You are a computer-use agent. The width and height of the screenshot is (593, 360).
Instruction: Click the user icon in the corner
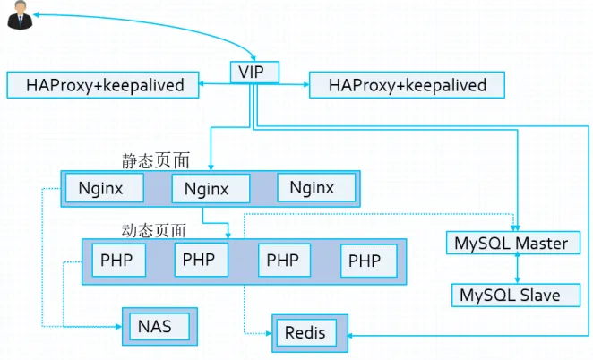pos(20,14)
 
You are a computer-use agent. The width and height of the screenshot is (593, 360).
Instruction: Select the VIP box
pos(254,72)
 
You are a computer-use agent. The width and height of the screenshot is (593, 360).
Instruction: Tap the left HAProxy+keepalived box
pos(103,85)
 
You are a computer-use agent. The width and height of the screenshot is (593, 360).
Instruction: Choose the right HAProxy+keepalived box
pos(407,85)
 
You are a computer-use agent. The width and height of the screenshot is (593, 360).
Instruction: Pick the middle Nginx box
pos(211,188)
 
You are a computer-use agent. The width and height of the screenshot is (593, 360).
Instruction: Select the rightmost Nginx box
pos(316,187)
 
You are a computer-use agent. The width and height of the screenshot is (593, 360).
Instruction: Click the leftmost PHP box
pos(119,261)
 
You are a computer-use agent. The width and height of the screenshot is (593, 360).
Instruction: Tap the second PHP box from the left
pos(202,260)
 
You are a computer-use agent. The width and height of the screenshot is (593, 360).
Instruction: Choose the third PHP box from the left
pos(284,261)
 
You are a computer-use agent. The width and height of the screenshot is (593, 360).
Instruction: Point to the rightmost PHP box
pos(369,261)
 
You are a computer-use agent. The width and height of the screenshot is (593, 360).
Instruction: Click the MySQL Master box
pos(512,243)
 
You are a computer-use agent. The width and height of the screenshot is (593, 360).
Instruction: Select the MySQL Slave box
pos(516,295)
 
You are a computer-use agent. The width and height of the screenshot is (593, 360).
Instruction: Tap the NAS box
pos(159,326)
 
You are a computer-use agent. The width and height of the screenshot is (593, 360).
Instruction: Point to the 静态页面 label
pos(156,160)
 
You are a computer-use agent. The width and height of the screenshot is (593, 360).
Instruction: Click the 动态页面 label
pos(154,230)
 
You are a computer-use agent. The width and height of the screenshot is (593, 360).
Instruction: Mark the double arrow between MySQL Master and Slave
pos(518,269)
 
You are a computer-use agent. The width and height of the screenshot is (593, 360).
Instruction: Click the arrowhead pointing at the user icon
pos(36,14)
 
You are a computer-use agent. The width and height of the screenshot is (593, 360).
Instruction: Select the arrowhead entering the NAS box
pos(119,326)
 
